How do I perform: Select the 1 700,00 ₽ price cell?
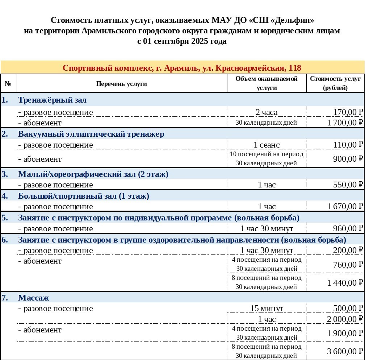(345, 123)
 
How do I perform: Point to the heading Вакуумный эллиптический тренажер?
(91, 134)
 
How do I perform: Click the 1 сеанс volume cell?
(267, 145)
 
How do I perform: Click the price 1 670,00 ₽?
(345, 207)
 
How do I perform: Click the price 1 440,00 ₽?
(345, 283)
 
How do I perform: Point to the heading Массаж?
(34, 298)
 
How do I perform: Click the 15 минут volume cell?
(267, 309)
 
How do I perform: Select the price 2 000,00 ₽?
(345, 319)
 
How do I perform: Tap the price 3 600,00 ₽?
(345, 351)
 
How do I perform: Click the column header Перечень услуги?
(122, 84)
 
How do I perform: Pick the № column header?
(8, 84)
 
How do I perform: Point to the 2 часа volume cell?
(267, 112)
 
